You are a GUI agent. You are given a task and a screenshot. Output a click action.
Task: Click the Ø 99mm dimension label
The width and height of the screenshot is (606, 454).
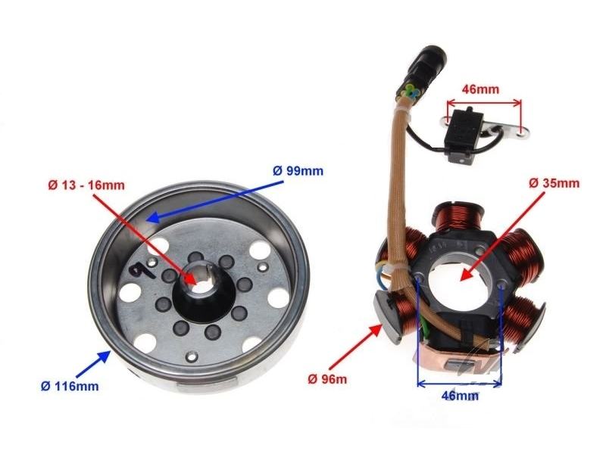click(x=298, y=171)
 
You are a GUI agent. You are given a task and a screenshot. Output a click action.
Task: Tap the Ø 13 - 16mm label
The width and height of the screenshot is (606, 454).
click(x=86, y=185)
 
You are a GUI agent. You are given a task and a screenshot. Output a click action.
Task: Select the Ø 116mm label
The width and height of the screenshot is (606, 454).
click(x=70, y=386)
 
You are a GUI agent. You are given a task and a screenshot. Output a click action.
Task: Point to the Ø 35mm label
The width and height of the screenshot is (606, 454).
click(x=554, y=183)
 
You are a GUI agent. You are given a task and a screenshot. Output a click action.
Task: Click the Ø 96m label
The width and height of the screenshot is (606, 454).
click(x=327, y=379)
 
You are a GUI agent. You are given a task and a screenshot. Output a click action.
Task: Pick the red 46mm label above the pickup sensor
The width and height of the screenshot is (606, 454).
click(x=480, y=89)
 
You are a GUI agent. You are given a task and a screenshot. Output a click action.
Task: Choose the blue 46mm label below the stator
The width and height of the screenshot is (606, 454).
click(x=460, y=395)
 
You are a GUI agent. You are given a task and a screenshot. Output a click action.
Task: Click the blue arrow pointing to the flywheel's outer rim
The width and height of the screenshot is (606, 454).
click(x=92, y=364)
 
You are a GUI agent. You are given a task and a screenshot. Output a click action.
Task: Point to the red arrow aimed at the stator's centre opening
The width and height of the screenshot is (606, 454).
click(x=502, y=236)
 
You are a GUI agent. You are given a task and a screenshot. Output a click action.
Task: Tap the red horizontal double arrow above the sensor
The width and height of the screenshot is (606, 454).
click(x=484, y=103)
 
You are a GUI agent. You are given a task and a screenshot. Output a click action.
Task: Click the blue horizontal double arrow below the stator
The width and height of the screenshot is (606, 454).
click(x=460, y=384)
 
